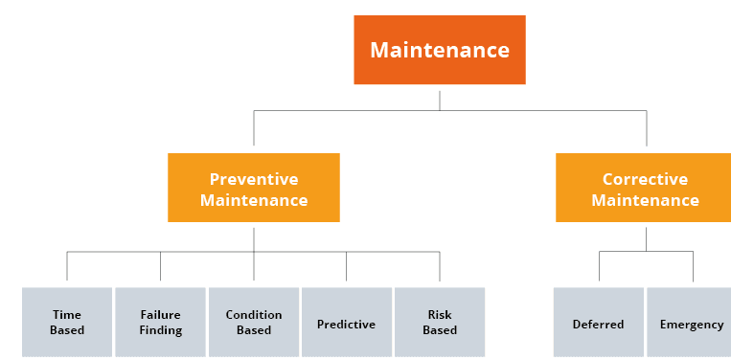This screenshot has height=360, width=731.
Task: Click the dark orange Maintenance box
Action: (440, 50)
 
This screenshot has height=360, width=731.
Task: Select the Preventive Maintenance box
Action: (254, 188)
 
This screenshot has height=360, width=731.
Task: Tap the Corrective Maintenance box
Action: (644, 188)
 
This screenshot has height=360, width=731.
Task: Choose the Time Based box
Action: (67, 323)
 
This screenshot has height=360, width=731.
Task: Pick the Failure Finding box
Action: (160, 323)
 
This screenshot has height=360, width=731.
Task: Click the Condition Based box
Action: (254, 323)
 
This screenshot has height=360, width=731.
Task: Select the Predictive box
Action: (347, 323)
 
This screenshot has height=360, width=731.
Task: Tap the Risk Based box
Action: (440, 323)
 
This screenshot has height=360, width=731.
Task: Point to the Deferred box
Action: (599, 323)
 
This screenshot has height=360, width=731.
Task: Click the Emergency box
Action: (689, 323)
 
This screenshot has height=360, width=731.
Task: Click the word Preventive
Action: (254, 179)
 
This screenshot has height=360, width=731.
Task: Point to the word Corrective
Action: (645, 179)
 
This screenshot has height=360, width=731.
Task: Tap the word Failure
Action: (160, 315)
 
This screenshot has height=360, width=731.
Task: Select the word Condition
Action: (254, 315)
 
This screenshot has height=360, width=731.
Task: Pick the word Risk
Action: (440, 315)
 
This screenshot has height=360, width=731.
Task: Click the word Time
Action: (67, 315)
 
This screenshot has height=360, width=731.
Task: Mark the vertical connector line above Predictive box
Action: (347, 266)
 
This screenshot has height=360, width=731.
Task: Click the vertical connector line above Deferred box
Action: (599, 266)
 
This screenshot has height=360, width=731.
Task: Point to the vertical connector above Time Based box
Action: (67, 266)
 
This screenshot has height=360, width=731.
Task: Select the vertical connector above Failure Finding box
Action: (160, 266)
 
